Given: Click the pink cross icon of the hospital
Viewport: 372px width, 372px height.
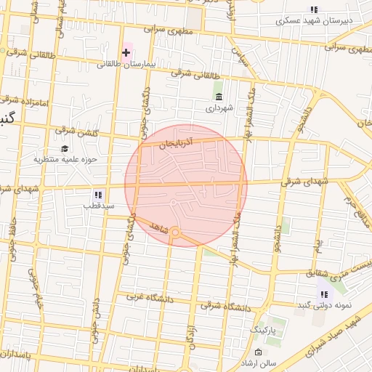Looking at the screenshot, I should (126, 52).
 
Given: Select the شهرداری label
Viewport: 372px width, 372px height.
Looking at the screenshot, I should (219, 108).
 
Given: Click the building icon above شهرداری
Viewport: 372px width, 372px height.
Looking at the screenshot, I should (219, 97).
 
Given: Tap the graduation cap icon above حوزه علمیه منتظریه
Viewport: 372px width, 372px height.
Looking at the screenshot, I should (65, 148).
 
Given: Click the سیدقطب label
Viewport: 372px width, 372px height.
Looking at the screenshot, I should (99, 206).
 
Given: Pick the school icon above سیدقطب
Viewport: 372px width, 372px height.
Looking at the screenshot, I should (98, 195).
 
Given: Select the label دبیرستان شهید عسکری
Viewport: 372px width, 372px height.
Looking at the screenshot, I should (314, 20).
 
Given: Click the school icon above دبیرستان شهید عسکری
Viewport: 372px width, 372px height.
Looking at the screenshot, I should (314, 9).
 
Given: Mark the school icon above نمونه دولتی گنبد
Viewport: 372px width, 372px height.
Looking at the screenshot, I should (323, 294).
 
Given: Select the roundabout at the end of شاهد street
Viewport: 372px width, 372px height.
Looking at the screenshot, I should (175, 232).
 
